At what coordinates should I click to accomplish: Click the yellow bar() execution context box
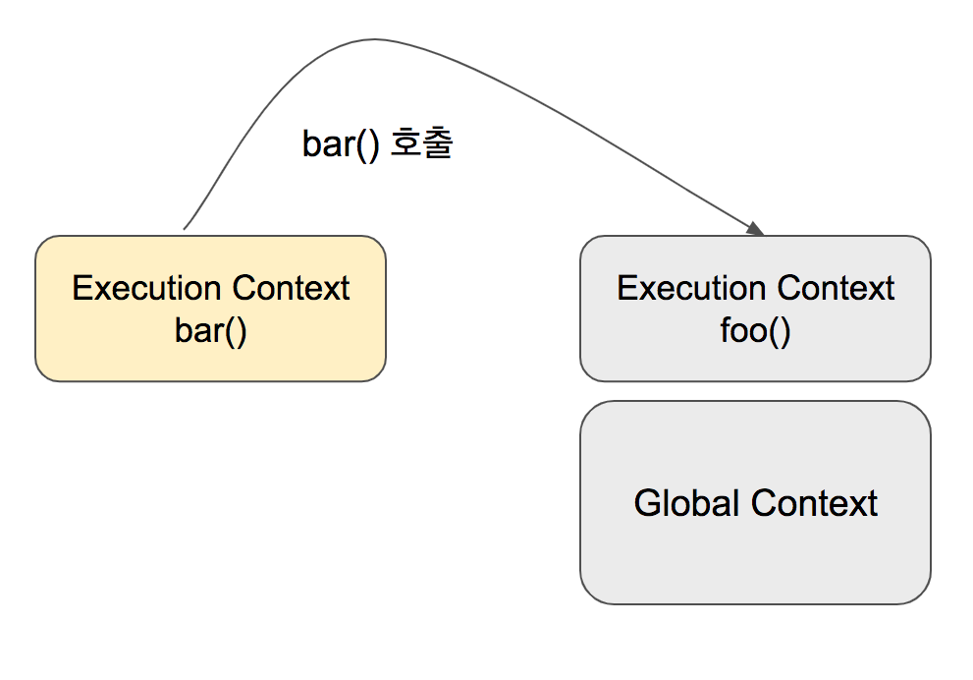(210, 309)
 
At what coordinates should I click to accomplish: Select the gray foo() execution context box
(755, 309)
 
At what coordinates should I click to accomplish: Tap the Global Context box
(755, 502)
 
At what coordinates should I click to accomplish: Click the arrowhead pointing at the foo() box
(756, 229)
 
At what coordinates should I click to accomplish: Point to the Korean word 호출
(422, 143)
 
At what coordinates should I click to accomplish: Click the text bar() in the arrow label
(341, 144)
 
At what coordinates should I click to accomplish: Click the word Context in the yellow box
(291, 288)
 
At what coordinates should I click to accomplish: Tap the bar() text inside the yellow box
(210, 331)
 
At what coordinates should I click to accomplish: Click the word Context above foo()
(836, 288)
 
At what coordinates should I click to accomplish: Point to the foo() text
(755, 331)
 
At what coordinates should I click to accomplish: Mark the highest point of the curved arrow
(374, 39)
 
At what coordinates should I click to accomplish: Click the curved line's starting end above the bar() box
(184, 229)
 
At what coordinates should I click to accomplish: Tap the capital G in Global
(648, 503)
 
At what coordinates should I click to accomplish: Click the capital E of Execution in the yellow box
(82, 288)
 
